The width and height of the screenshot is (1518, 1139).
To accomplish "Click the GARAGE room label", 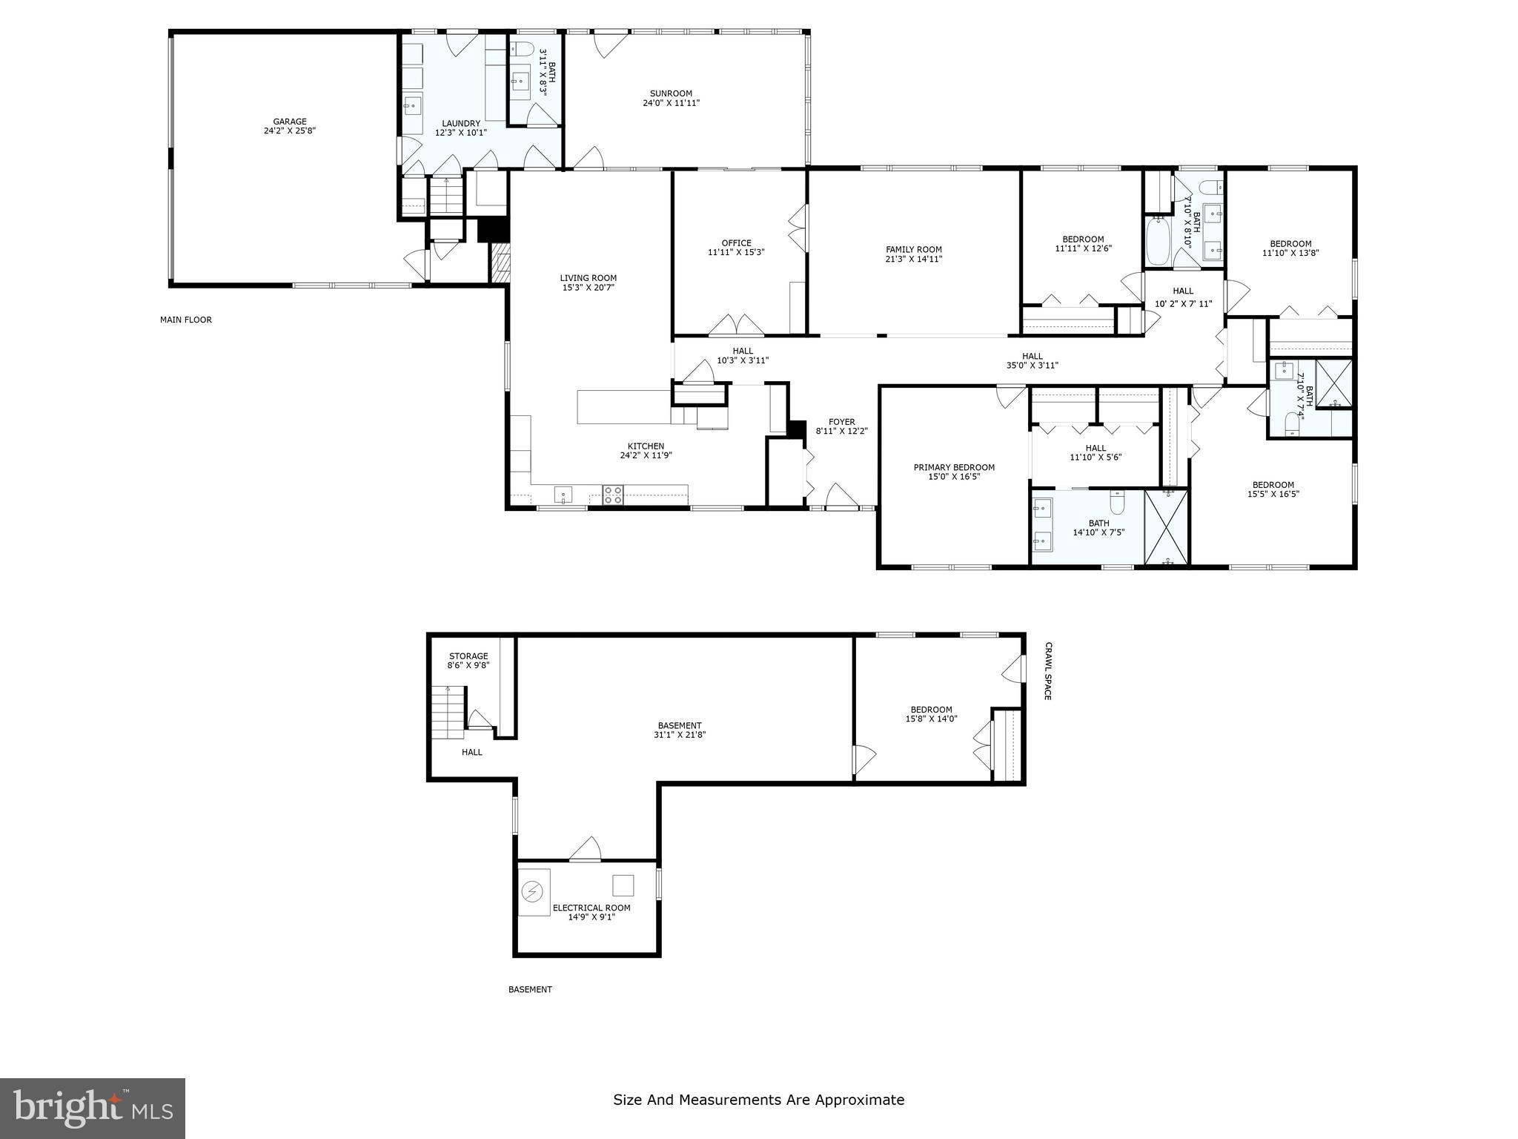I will pyautogui.click(x=289, y=122).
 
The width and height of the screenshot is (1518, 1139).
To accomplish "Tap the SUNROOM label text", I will pyautogui.click(x=671, y=93).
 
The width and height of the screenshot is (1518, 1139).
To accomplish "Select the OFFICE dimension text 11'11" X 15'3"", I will pyautogui.click(x=735, y=252).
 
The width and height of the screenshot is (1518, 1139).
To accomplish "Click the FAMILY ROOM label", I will pyautogui.click(x=913, y=250).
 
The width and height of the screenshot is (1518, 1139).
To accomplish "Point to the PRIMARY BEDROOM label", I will pyautogui.click(x=953, y=467).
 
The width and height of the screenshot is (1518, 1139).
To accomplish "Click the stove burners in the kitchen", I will pyautogui.click(x=612, y=495).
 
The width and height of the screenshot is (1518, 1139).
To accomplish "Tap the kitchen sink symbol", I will pyautogui.click(x=563, y=495).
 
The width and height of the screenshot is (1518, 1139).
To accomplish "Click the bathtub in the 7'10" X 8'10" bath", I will pyautogui.click(x=1157, y=241).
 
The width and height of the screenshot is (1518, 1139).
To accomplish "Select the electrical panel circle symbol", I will pyautogui.click(x=533, y=891).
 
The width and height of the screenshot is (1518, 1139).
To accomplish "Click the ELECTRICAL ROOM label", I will pyautogui.click(x=591, y=908).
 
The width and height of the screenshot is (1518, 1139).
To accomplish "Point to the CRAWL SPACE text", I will pyautogui.click(x=1047, y=671).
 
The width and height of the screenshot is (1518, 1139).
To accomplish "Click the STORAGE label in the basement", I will pyautogui.click(x=468, y=656).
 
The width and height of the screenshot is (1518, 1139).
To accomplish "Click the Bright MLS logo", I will pyautogui.click(x=92, y=1108).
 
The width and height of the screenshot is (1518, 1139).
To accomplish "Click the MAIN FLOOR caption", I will pyautogui.click(x=185, y=320).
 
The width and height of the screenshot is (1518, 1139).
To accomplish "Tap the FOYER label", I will pyautogui.click(x=841, y=421).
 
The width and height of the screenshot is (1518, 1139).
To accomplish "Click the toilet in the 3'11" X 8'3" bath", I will pyautogui.click(x=522, y=49).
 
